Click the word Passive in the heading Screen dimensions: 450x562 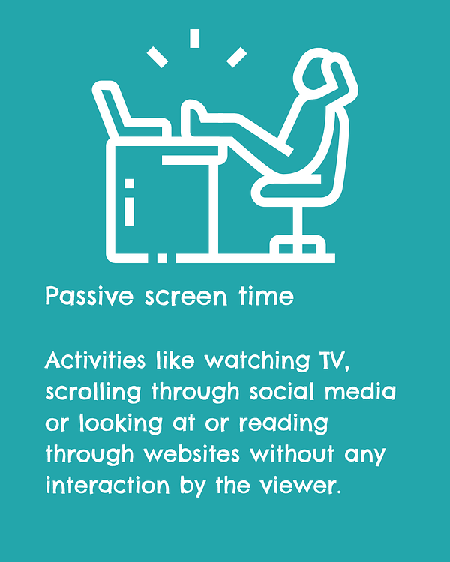click(89, 296)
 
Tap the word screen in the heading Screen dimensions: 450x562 click(186, 297)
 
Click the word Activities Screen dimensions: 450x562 click(95, 360)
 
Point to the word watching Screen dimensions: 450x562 click(257, 362)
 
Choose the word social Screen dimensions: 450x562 click(282, 391)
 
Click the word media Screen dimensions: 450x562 click(360, 391)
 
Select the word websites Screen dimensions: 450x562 click(192, 454)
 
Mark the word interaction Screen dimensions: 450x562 click(108, 486)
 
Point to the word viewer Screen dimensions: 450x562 click(301, 486)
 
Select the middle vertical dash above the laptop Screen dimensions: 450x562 click(195, 38)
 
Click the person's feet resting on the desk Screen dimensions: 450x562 click(193, 118)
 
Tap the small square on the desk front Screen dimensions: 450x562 click(129, 184)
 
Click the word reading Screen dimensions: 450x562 click(283, 424)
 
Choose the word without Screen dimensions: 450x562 click(292, 454)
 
